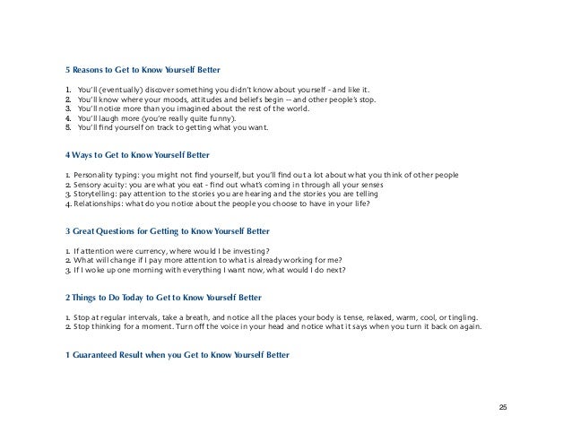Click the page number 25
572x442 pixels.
503,408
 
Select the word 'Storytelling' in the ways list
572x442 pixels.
100,194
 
